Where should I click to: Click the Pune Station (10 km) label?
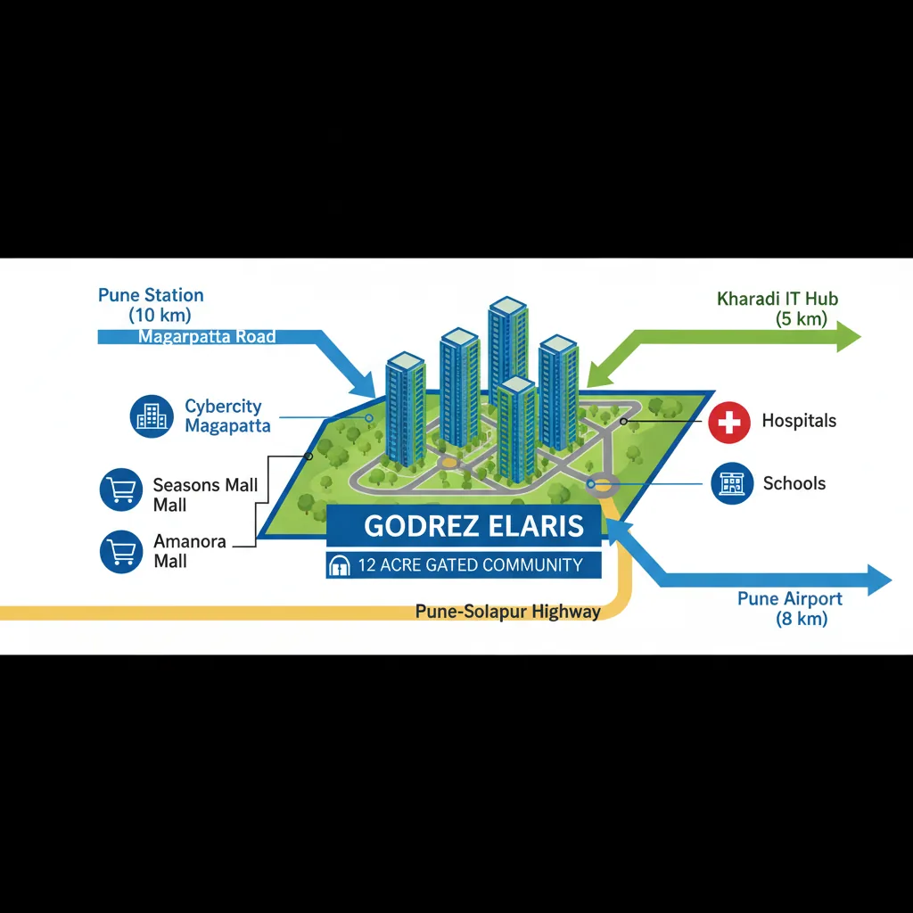click(x=151, y=305)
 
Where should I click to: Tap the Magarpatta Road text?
click(x=207, y=336)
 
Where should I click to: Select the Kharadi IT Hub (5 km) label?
click(x=777, y=308)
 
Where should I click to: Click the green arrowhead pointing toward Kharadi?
click(x=849, y=336)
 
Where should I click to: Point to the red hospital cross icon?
click(x=729, y=422)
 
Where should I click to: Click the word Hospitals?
click(x=799, y=421)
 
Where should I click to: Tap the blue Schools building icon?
click(x=732, y=483)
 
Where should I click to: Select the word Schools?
click(x=794, y=483)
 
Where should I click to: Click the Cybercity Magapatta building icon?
click(x=152, y=416)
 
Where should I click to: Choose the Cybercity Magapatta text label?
click(x=227, y=415)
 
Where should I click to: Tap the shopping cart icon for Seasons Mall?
click(x=121, y=489)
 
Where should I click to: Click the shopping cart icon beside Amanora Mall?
click(x=121, y=551)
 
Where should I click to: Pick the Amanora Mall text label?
click(x=190, y=551)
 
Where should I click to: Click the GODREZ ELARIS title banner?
click(x=464, y=526)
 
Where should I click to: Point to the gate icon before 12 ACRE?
click(x=340, y=565)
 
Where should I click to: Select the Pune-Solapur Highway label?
click(x=507, y=612)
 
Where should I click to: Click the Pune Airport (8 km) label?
click(x=790, y=608)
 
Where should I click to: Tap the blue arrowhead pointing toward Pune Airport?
click(x=879, y=580)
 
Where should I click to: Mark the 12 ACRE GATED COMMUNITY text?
click(x=471, y=564)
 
